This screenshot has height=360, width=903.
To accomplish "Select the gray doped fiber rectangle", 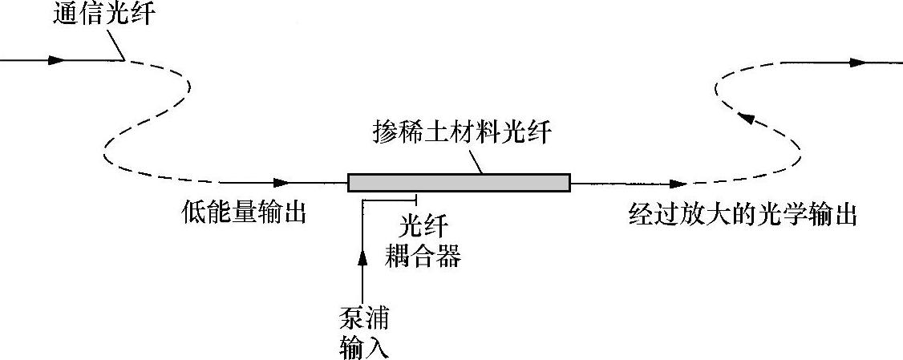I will [459, 183].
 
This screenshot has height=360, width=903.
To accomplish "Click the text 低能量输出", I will [245, 215].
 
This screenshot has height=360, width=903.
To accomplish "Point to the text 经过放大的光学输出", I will [743, 215].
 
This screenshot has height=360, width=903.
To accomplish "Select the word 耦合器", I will [423, 257].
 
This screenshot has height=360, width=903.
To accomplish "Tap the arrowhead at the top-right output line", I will [858, 62].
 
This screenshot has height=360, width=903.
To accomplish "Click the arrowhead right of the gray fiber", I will [678, 184].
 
